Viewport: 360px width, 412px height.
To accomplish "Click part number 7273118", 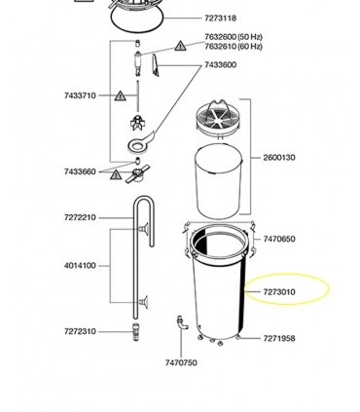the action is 220,19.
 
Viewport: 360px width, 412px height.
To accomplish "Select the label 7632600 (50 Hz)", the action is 234,37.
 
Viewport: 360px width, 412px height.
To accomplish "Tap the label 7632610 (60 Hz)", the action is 234,47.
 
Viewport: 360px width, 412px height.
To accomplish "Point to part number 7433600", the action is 220,65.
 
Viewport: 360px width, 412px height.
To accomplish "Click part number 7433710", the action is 80,95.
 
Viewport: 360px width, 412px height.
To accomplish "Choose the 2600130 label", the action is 279,158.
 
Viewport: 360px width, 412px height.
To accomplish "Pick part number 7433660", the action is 80,171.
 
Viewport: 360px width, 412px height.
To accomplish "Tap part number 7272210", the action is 80,217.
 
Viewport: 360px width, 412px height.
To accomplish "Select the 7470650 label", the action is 279,239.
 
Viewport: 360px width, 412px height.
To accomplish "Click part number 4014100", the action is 80,266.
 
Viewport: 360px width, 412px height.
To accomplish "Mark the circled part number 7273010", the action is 279,292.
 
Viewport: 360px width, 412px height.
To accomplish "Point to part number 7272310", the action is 80,331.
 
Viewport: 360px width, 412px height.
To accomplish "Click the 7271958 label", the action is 279,338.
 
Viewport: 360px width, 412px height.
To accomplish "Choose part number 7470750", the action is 181,362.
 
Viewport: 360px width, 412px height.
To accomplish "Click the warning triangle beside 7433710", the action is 121,95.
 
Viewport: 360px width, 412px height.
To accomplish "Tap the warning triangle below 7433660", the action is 116,174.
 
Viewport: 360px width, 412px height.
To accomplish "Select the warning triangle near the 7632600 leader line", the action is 180,46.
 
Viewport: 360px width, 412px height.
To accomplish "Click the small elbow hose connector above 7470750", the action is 182,322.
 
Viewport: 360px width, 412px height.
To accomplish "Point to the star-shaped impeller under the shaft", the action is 138,123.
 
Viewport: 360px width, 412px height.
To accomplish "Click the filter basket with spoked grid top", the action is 219,119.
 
